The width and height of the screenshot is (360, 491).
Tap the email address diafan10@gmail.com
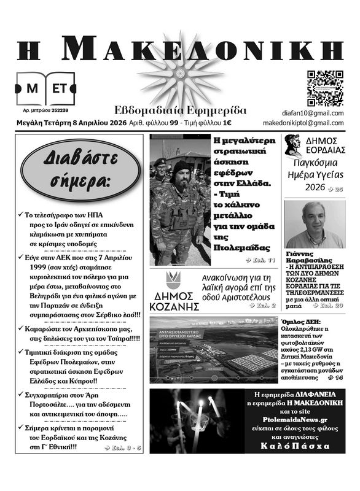tap(313, 113)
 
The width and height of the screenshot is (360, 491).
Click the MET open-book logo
tap(45, 89)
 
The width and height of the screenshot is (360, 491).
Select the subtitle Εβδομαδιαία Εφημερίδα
tap(180, 110)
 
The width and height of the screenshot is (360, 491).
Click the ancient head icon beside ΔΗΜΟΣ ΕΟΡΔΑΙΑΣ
tap(292, 145)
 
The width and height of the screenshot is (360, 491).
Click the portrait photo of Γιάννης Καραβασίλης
tap(315, 224)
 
